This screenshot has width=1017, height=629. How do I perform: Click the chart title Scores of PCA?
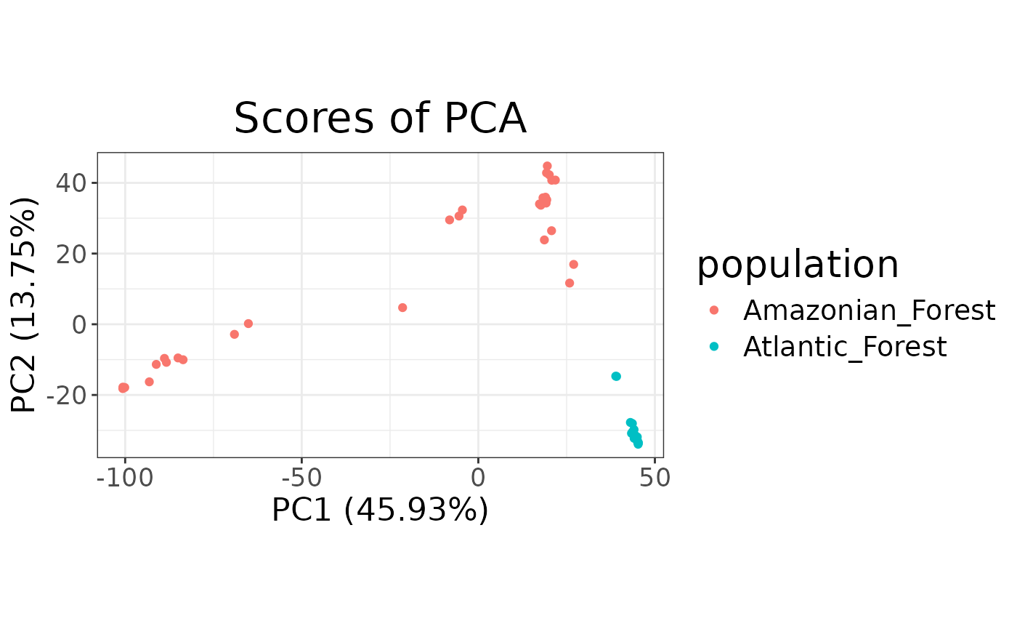pos(380,119)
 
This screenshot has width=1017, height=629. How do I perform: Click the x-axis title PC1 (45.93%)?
pos(380,510)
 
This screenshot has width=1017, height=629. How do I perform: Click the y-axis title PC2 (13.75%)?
pos(24,305)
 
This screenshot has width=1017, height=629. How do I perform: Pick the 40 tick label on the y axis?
pos(72,183)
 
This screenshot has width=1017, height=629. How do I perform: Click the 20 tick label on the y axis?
pos(72,254)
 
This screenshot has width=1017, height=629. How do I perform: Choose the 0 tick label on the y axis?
pos(81,324)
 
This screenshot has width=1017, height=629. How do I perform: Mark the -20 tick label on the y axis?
pos(68,395)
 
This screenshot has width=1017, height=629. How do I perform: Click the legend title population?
pos(798,265)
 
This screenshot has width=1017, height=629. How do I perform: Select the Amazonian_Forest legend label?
pos(869,311)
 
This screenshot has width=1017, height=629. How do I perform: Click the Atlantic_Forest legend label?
pos(845,347)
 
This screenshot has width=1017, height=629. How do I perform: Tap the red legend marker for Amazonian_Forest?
pos(713,311)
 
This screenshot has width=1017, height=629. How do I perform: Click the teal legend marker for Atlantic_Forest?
pos(713,347)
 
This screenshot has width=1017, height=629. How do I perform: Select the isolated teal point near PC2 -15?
pos(616,376)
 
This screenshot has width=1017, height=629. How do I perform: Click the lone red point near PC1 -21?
pos(402,308)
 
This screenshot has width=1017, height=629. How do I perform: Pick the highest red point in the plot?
pos(547,167)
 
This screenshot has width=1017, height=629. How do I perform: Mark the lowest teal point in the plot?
pos(638,444)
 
